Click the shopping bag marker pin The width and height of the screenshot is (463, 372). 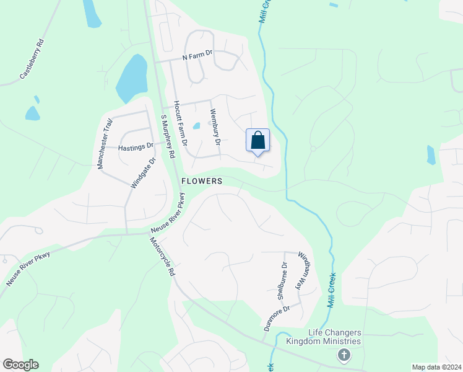[x=258, y=140]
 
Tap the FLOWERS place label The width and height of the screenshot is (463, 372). [x=202, y=181]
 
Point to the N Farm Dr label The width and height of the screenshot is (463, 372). [x=197, y=56]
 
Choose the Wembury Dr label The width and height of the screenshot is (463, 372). [x=215, y=127]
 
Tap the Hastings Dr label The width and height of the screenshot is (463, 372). [x=136, y=146]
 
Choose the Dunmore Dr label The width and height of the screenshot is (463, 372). [x=277, y=319]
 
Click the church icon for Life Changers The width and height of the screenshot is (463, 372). [x=344, y=355]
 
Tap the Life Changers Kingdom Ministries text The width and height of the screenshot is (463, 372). [x=323, y=337]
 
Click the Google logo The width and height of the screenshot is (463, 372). [x=20, y=365]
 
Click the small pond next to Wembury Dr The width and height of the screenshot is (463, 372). [x=196, y=126]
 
